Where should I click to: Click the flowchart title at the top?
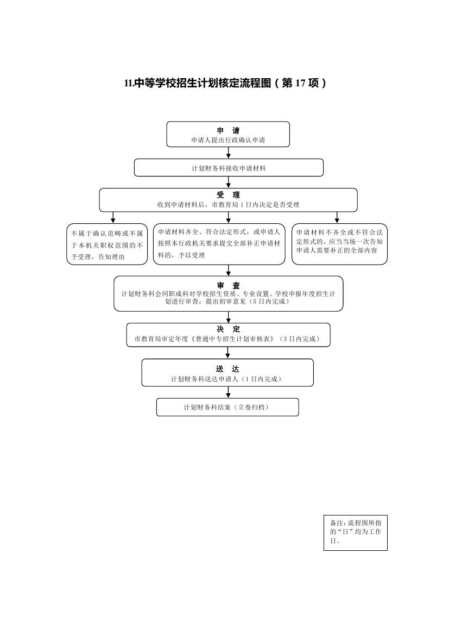[225, 83]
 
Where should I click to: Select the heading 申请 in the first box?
[229, 130]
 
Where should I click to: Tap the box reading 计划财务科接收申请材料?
[229, 168]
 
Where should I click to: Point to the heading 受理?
[229, 195]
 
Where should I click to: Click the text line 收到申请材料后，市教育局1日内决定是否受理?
[229, 204]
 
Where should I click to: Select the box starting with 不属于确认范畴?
[107, 244]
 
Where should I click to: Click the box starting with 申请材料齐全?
[219, 244]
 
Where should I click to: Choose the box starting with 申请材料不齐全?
[339, 244]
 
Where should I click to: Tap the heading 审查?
[229, 286]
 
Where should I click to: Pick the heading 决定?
[229, 329]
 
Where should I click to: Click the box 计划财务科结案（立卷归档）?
[227, 407]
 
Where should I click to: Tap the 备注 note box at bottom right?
[356, 532]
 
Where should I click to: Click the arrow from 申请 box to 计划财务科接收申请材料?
[229, 153]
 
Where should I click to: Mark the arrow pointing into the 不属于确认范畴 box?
[113, 217]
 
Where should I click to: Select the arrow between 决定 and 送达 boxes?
[228, 353]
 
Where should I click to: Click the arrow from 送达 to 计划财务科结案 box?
[228, 392]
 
